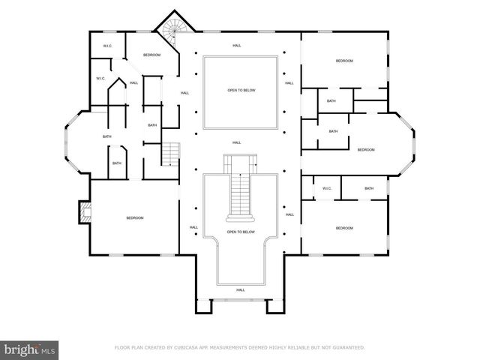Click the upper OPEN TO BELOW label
coord(241,90)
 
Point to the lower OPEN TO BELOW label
coord(241,232)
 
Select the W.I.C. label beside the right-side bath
coord(327,188)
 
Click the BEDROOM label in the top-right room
coord(344,61)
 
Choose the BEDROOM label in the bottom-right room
coord(344,228)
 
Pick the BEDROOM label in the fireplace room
coord(134,217)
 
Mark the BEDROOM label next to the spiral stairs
coord(152,55)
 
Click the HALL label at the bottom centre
coord(241,289)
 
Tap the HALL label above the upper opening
coord(237,46)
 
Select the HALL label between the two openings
coord(237,142)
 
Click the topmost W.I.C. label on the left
coord(108,46)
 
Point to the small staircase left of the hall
coord(172,155)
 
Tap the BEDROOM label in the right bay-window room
coord(365,150)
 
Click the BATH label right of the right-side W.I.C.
coord(369,188)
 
